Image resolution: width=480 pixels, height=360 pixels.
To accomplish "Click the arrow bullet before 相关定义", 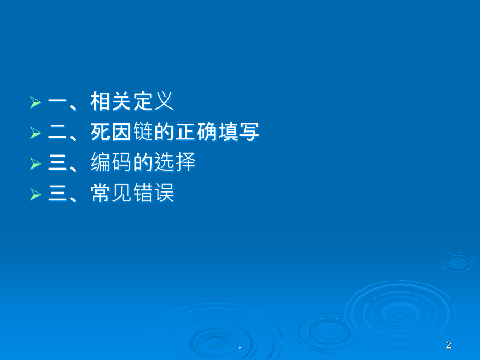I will pos(35,102).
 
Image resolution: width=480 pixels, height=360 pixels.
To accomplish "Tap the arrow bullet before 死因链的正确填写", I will pos(35,133).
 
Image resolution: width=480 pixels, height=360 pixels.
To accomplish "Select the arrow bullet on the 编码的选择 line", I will pos(35,164).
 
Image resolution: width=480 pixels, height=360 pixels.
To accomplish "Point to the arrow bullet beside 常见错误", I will pos(35,195).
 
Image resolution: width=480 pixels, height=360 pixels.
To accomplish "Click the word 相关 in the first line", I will pos(111,102).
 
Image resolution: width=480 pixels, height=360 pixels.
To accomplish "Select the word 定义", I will pos(153,102).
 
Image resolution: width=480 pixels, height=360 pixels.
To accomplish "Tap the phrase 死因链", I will pos(122,133).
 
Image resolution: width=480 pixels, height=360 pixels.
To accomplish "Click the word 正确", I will pos(196,133).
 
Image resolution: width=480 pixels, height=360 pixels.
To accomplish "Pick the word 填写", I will pos(238,133).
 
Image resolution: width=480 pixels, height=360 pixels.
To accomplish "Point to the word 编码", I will pos(111,163).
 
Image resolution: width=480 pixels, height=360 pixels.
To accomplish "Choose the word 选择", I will pos(175,163).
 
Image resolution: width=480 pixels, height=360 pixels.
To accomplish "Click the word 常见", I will pos(111,194).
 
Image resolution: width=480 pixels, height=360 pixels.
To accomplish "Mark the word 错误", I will pos(153,194).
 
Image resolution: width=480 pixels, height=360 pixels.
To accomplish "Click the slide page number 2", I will pos(449,345).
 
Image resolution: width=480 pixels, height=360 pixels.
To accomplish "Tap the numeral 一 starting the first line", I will pos(58,102).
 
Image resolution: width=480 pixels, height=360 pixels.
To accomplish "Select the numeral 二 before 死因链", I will pos(58,133).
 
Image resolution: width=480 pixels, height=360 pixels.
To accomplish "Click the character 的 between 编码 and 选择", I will pos(143,163).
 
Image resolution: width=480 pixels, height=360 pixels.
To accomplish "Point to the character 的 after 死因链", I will pos(164,133).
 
